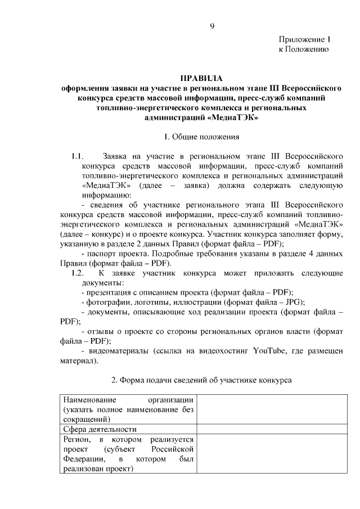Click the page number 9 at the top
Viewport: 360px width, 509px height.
point(212,26)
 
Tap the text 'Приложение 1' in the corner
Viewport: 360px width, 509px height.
point(304,39)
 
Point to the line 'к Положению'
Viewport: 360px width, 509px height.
point(304,49)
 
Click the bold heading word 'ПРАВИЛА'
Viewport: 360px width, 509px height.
point(201,79)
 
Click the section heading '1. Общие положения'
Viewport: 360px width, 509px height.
point(201,137)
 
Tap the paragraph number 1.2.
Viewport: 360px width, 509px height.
point(77,273)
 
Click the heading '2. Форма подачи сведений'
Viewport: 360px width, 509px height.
point(201,380)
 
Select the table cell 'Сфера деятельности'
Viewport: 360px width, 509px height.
point(100,430)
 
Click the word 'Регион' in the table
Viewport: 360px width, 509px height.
point(76,439)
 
